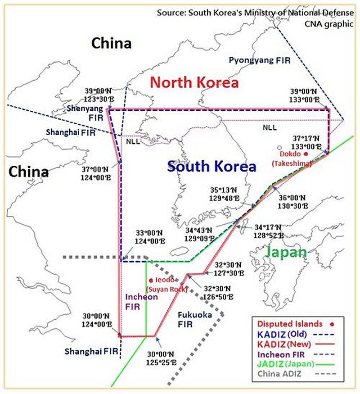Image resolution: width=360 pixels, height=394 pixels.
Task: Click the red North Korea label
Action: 194,82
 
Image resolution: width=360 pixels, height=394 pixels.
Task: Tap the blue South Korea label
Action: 211,166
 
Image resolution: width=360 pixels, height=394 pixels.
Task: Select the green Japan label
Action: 286,252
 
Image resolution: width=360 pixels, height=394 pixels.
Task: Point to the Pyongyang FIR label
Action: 260,60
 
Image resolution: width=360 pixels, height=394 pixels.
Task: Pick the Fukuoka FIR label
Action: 194,319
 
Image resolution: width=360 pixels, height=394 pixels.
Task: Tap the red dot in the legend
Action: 332,324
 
